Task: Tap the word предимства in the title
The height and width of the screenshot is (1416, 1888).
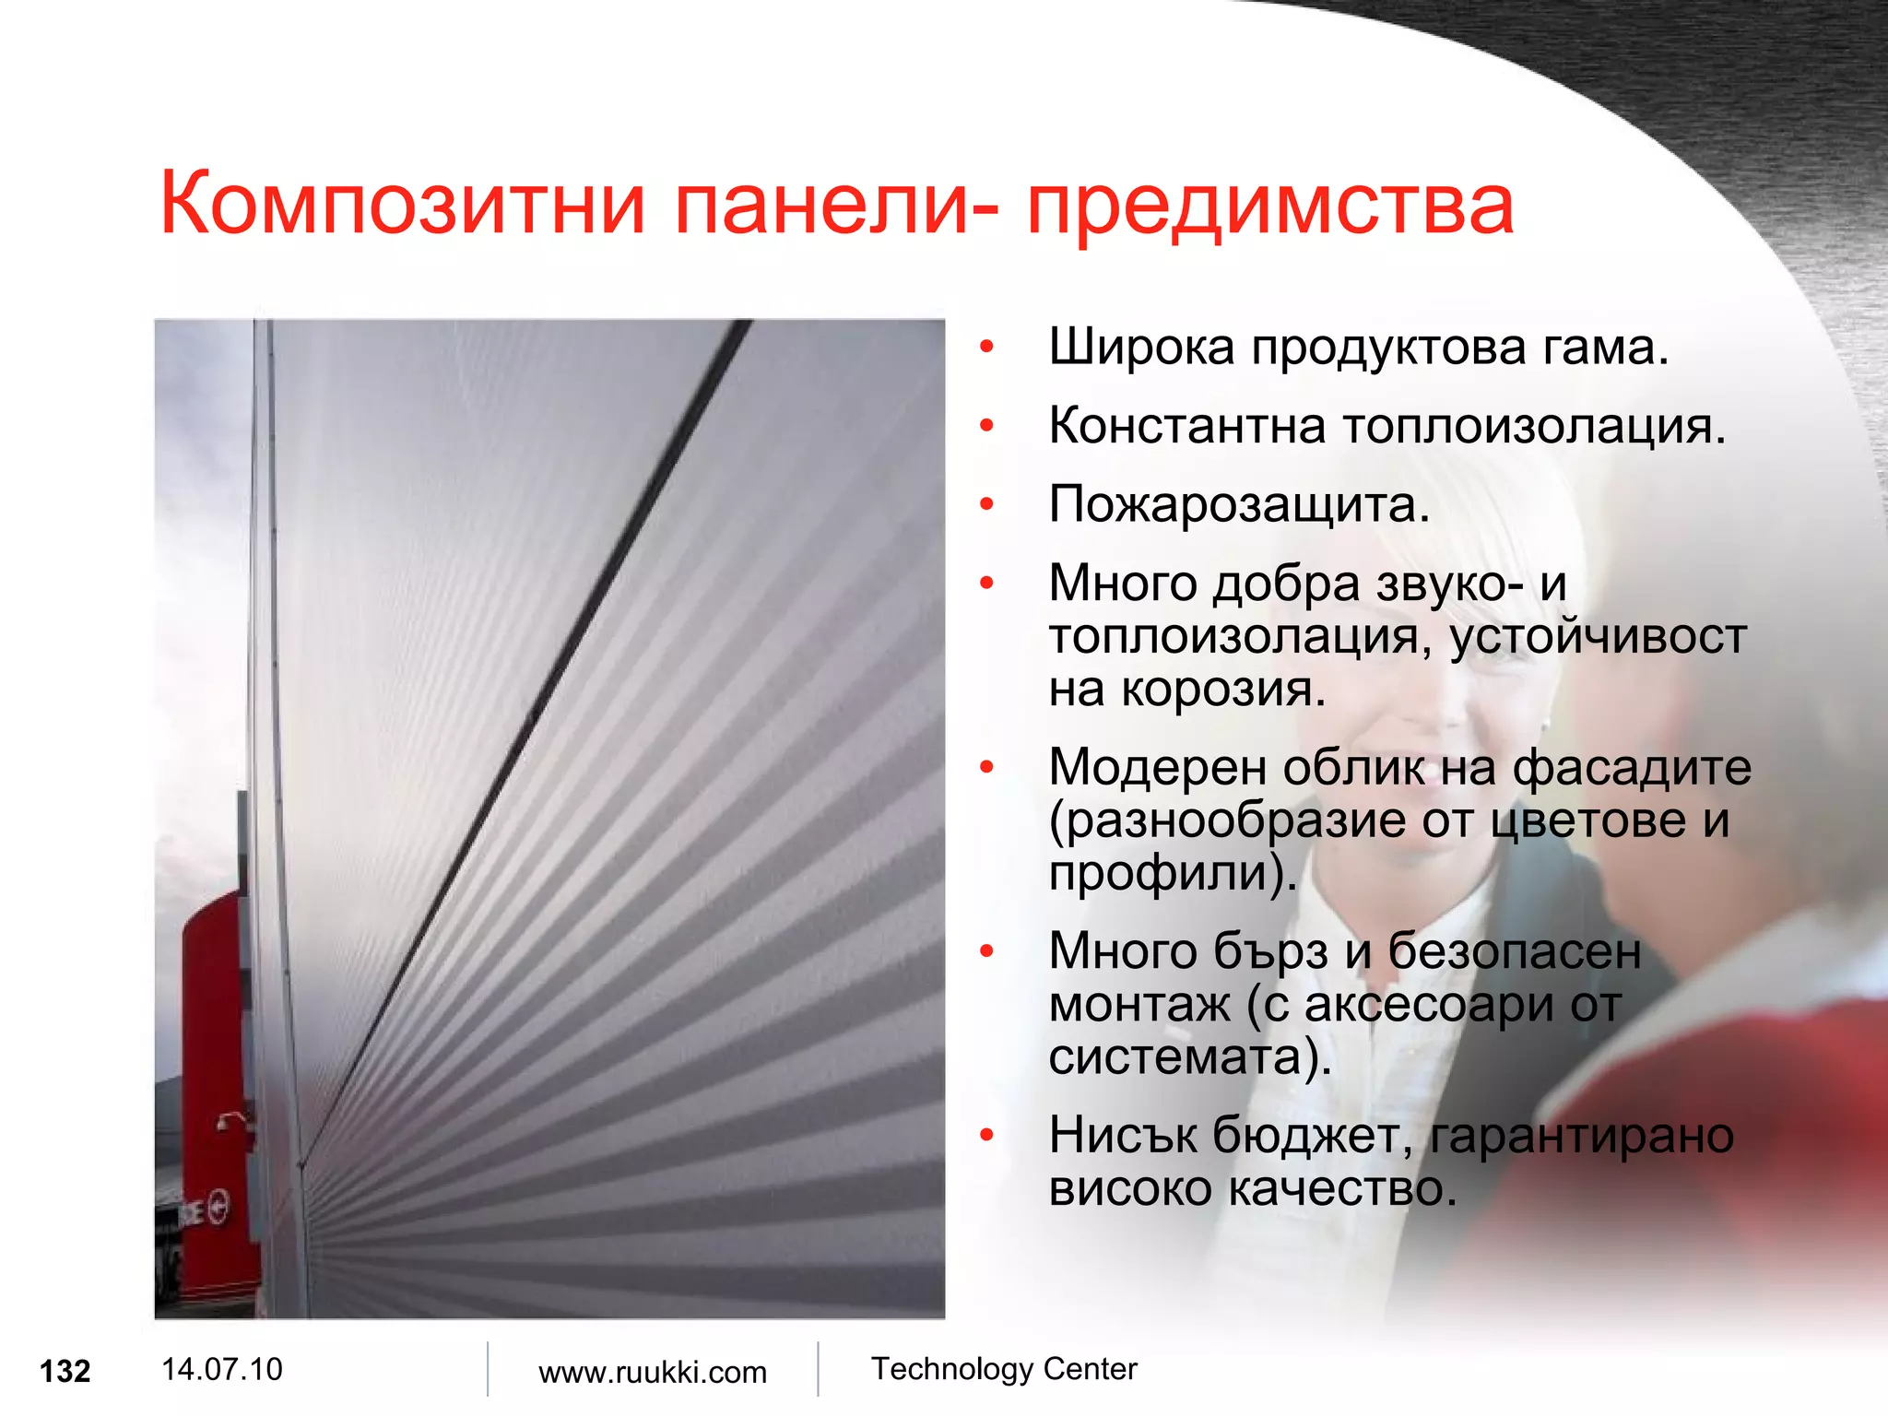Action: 1269,205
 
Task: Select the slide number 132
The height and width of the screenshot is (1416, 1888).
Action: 65,1372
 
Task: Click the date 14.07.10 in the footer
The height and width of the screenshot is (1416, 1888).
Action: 221,1369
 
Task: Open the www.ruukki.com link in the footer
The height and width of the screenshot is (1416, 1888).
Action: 653,1373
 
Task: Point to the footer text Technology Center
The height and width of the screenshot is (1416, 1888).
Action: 1004,1369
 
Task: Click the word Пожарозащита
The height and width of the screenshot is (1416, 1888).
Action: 1238,505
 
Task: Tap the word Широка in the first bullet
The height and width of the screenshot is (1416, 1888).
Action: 1141,348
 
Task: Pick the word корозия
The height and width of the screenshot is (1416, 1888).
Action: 1222,690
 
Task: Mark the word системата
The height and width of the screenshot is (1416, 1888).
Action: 1183,1056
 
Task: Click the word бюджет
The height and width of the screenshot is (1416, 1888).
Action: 1311,1136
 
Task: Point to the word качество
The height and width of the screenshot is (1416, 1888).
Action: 1342,1188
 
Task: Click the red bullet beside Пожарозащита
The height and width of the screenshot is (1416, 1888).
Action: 987,504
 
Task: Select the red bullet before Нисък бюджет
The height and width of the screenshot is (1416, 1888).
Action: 987,1135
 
